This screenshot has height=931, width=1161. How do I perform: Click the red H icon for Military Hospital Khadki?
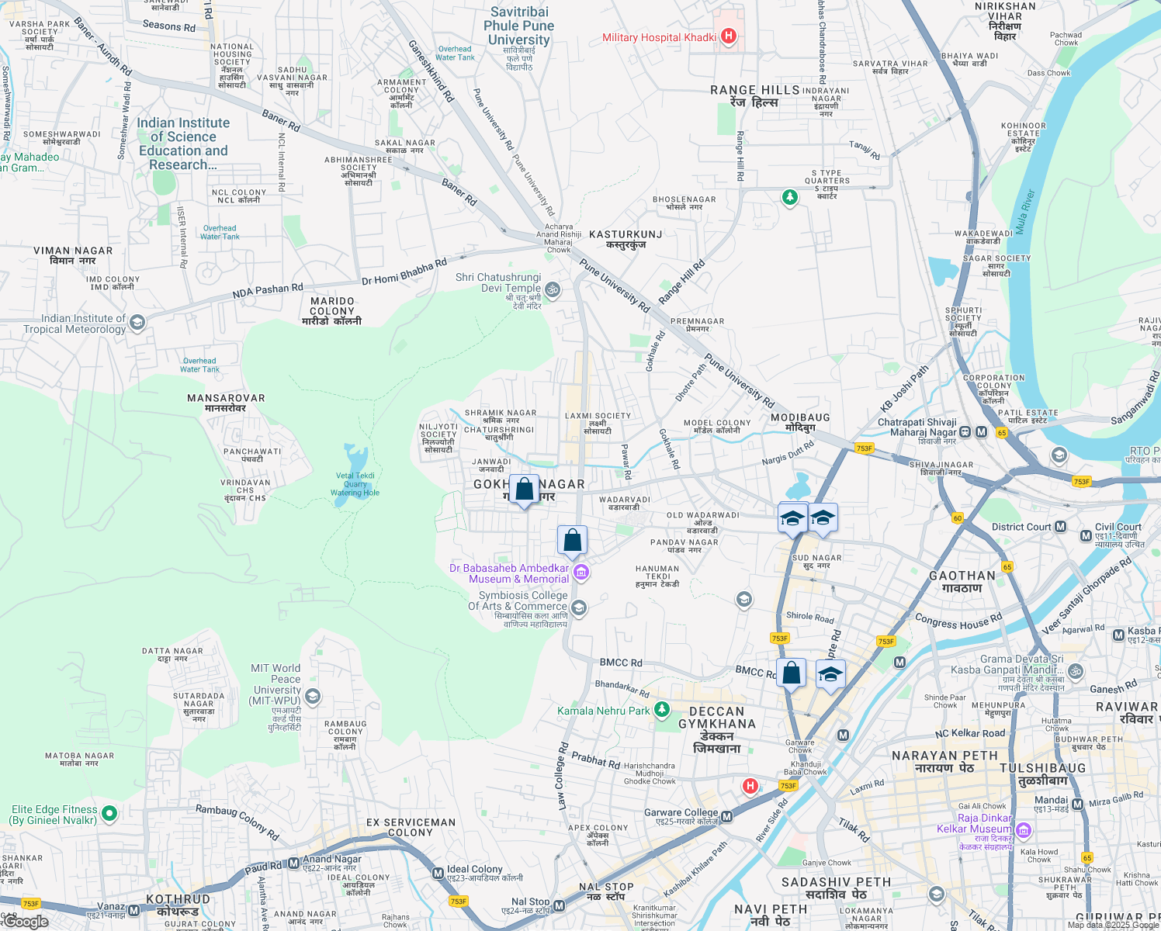728,36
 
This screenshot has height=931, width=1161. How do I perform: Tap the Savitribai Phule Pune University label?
518,26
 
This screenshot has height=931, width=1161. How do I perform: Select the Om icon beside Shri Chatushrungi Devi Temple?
553,290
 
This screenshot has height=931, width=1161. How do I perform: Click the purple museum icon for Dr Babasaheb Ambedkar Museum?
581,573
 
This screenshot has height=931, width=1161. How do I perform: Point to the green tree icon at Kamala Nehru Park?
661,710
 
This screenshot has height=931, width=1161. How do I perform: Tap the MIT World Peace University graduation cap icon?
313,696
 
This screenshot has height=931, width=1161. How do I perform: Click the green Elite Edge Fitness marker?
109,814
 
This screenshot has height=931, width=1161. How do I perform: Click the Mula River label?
1024,212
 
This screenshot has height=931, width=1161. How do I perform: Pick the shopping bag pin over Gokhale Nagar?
525,490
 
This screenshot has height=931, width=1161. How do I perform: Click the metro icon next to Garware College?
727,816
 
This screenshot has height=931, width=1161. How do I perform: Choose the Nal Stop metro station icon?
559,905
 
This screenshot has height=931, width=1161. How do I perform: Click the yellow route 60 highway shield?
957,518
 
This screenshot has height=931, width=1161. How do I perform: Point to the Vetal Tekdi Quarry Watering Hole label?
355,484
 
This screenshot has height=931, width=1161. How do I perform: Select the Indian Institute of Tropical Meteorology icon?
137,323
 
